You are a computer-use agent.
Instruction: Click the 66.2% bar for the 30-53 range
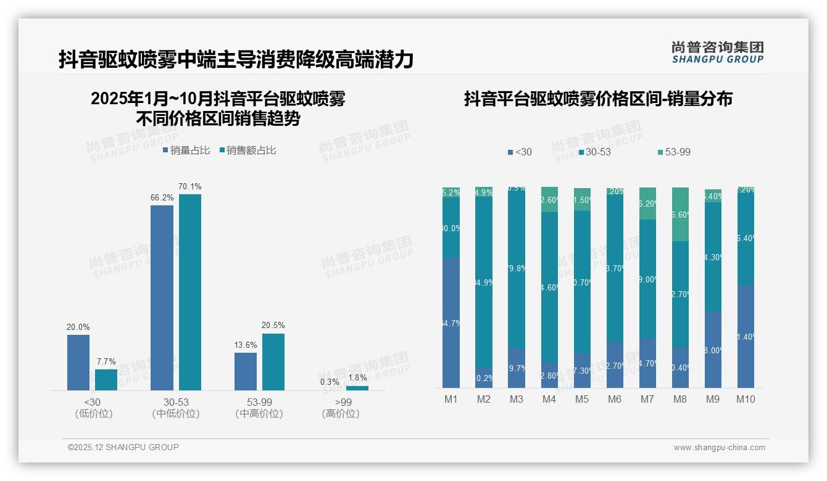[x=162, y=297]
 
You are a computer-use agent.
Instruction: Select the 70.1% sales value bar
[x=190, y=292]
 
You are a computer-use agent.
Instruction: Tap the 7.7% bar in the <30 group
[x=106, y=379]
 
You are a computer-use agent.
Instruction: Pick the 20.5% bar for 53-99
[x=273, y=361]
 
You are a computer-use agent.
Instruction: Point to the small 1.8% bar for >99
[x=357, y=388]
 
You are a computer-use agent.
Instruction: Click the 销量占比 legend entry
[x=186, y=150]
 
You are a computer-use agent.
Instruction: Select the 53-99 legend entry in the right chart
[x=673, y=152]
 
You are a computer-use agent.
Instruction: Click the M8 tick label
[x=679, y=399]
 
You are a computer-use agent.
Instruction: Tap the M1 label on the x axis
[x=451, y=399]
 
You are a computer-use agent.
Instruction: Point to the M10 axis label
[x=746, y=399]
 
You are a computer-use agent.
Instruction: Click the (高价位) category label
[x=341, y=414]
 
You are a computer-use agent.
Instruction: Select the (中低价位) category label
[x=176, y=414]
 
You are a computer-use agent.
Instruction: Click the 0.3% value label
[x=330, y=382]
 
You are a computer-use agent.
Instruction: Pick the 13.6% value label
[x=246, y=345]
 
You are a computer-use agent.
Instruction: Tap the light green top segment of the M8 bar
[x=680, y=213]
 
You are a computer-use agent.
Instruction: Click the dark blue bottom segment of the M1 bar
[x=451, y=323]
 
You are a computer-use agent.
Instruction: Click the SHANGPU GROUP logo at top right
[x=717, y=52]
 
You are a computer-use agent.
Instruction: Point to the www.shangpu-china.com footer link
[x=719, y=448]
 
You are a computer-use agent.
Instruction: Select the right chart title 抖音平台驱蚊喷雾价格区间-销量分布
[x=598, y=99]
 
